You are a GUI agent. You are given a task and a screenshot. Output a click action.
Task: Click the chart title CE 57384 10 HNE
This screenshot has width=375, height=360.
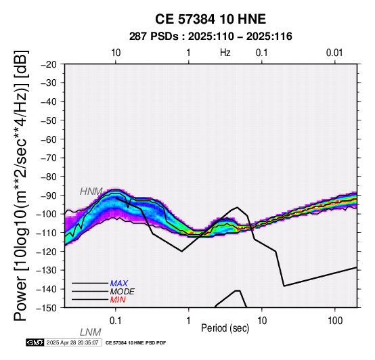pos(211,19)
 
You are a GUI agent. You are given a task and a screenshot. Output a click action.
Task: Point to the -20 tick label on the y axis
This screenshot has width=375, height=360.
pos(48,64)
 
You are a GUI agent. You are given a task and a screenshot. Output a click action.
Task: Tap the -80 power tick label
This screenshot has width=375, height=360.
pos(48,177)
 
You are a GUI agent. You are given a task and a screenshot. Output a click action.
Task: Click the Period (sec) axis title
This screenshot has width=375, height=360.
pos(225,328)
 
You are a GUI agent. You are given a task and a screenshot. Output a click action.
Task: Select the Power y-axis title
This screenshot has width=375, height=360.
pos(21,185)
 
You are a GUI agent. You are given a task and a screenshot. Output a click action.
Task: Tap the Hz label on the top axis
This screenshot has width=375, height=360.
pos(225,53)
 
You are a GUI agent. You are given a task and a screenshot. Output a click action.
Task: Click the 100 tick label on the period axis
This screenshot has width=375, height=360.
pos(335,321)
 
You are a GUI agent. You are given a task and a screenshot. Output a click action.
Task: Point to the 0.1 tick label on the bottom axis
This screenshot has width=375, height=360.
pos(116,321)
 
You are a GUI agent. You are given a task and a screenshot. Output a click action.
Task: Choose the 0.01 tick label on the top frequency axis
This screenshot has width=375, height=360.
pos(334,53)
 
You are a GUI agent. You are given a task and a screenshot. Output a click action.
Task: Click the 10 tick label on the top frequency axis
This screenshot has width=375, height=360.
pos(116,53)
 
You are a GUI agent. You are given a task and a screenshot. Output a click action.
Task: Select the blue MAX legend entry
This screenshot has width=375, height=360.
pos(119,284)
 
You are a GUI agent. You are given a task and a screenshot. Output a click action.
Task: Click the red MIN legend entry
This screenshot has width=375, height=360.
pos(118,300)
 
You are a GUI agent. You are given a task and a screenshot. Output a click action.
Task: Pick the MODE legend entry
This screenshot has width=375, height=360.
pos(123,292)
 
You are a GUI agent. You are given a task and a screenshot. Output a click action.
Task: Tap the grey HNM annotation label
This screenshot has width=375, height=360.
pos(91,192)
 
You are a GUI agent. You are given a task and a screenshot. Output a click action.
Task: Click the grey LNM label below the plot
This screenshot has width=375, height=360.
pos(91,332)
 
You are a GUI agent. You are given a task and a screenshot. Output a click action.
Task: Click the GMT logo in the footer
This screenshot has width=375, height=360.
pos(35,342)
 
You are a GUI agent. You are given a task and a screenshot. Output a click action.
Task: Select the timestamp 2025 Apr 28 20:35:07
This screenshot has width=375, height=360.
pos(72,342)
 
